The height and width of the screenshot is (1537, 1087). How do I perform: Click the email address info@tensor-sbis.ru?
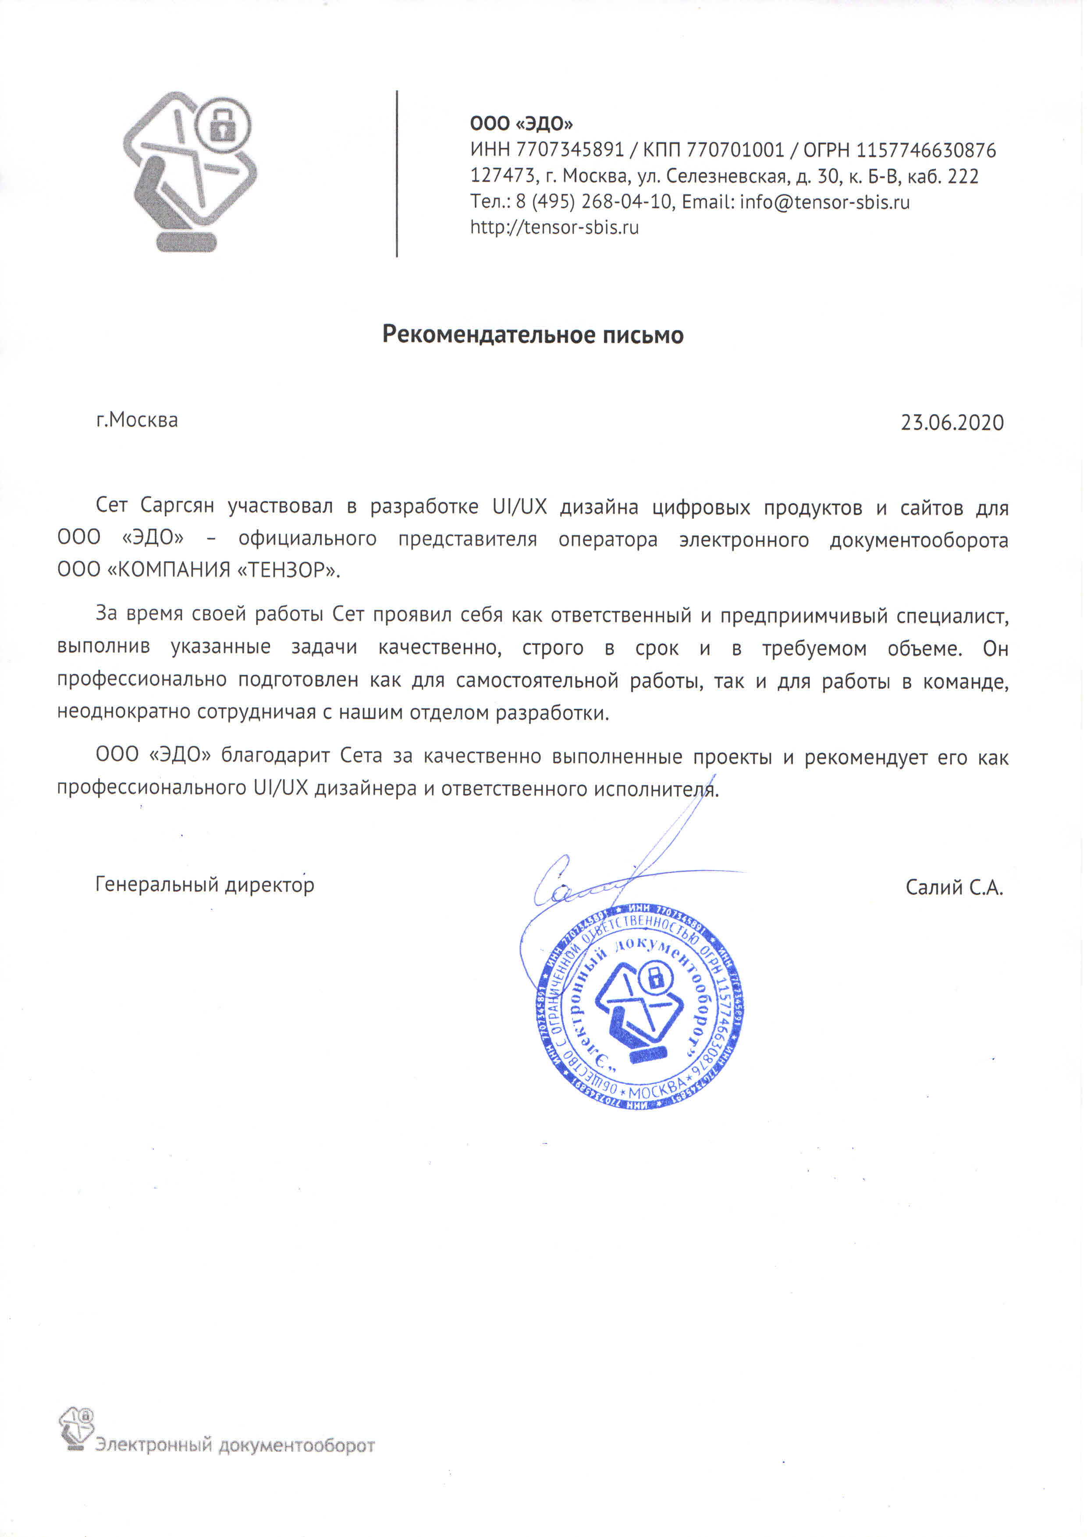click(824, 202)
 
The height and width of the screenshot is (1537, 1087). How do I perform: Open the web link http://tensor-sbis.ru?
click(554, 228)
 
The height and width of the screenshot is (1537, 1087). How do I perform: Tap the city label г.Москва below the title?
click(137, 420)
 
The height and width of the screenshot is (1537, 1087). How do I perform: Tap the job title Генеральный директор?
click(205, 885)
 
